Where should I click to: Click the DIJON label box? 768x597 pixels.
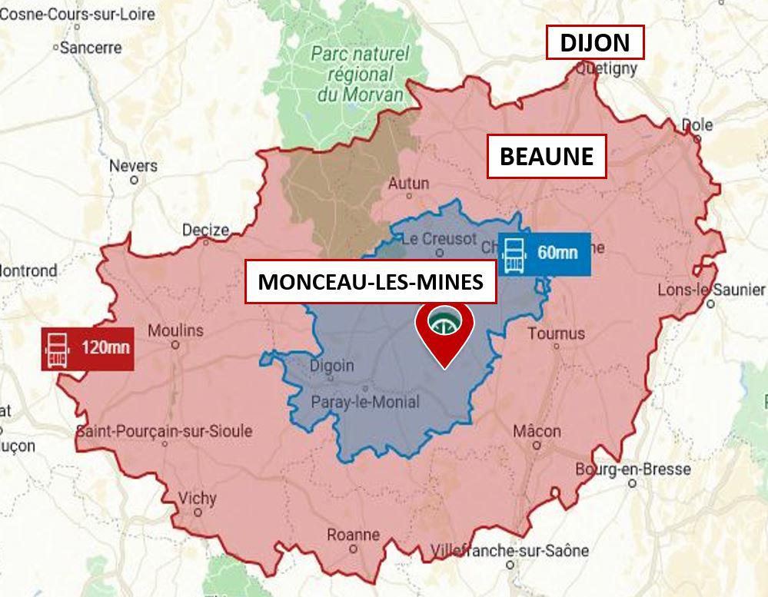(594, 43)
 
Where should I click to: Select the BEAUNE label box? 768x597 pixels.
(547, 157)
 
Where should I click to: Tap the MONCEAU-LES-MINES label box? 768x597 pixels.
(371, 282)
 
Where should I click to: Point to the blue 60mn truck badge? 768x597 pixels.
(544, 253)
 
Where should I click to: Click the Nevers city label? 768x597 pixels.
(133, 166)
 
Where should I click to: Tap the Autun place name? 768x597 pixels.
(408, 184)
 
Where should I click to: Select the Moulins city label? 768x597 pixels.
(175, 330)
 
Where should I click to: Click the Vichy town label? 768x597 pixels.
(197, 498)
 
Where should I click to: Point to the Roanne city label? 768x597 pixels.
(353, 535)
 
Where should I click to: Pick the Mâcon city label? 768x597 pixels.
(537, 431)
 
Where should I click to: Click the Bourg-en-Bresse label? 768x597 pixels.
(633, 469)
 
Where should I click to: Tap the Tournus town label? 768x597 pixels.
(556, 333)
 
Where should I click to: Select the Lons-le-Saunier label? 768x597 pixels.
(711, 290)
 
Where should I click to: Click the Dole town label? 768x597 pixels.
(697, 125)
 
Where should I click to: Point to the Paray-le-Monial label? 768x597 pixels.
(365, 402)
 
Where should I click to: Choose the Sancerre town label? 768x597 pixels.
(90, 48)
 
